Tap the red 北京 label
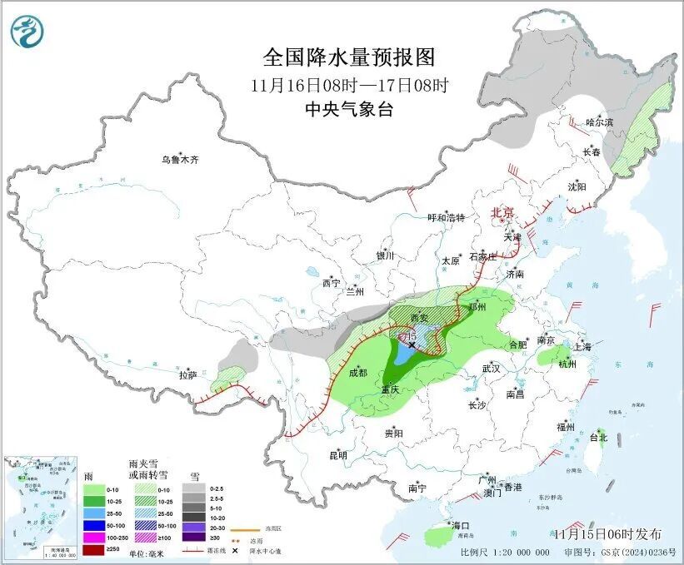[x=502, y=212]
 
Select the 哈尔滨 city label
[x=599, y=122]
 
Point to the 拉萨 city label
[x=187, y=375]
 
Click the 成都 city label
[x=358, y=373]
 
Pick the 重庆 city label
[x=391, y=389]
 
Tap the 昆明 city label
[x=337, y=455]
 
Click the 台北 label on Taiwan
[x=598, y=437]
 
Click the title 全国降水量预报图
[x=349, y=57]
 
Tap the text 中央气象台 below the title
[x=348, y=109]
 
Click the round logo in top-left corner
[x=27, y=32]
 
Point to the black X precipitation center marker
[x=412, y=344]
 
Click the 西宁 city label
[x=331, y=284]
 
